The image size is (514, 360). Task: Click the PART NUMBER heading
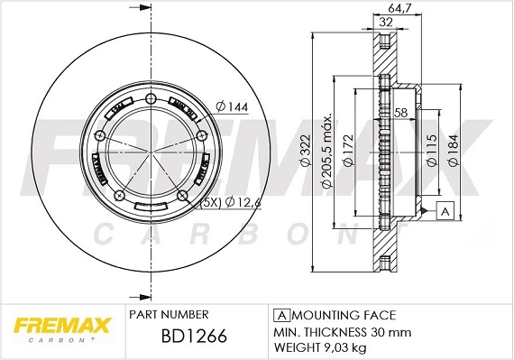point(170,315)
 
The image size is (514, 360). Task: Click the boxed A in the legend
point(280,315)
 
